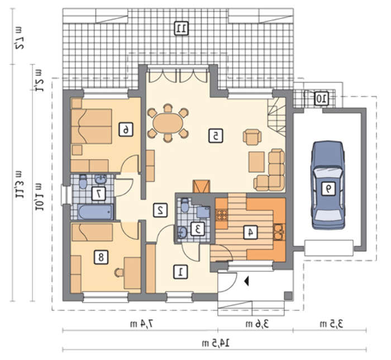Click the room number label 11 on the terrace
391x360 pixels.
pos(182,28)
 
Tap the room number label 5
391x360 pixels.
pos(216,136)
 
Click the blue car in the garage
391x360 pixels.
pos(328,185)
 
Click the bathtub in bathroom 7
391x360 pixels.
pos(96,212)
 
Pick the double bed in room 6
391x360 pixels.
pos(91,126)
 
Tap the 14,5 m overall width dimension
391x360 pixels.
pos(216,343)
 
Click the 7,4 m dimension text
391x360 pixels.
pos(141,324)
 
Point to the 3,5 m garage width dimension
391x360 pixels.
pos(331,324)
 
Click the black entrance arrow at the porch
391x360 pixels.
pos(247,281)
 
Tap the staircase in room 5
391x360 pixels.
pos(276,116)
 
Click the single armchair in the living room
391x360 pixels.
pos(252,137)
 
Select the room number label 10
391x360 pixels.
pos(321,98)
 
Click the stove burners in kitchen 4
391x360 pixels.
pos(222,215)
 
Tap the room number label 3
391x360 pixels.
pos(198,229)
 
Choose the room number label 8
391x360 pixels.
pos(101,257)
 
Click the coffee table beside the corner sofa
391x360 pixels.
pos(256,162)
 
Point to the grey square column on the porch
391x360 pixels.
pos(288,296)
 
